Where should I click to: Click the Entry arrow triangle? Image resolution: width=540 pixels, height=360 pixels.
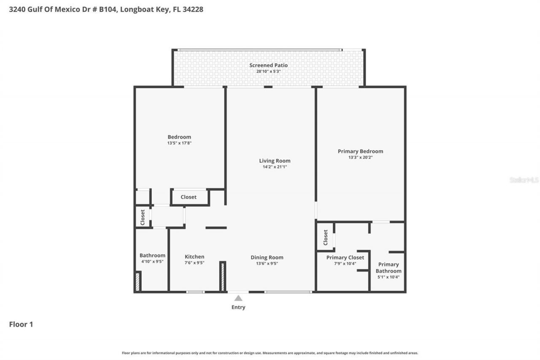click(238, 298)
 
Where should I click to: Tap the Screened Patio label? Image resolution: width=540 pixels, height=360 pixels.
click(268, 65)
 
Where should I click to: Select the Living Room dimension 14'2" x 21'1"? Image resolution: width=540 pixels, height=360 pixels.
click(275, 167)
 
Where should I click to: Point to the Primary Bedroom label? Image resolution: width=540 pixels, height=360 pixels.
click(360, 151)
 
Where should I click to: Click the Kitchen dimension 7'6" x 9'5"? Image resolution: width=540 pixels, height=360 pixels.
click(194, 263)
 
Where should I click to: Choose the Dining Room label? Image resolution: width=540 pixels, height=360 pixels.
click(267, 257)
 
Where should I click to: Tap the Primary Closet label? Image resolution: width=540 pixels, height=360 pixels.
click(345, 257)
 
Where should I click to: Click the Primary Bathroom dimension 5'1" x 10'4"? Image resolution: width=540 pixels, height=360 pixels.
click(389, 277)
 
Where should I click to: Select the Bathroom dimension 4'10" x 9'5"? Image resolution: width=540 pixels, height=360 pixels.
click(152, 261)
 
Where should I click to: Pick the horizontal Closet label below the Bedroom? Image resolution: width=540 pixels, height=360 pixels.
click(189, 197)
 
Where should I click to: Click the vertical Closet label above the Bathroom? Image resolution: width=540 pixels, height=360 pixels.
click(143, 217)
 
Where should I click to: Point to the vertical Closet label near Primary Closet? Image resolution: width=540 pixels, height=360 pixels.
click(326, 237)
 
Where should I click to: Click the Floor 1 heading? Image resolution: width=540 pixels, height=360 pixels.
click(21, 324)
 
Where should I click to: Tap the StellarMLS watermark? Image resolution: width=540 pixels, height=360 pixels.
click(524, 180)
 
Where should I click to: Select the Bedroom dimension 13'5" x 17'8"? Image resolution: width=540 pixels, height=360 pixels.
click(179, 143)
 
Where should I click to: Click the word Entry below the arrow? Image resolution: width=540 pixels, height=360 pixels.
click(238, 307)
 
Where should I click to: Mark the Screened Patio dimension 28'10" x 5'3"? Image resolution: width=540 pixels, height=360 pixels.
click(268, 71)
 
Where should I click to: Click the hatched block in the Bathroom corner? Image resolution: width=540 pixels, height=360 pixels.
click(138, 282)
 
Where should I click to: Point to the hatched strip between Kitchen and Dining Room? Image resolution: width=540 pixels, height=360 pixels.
click(222, 277)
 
